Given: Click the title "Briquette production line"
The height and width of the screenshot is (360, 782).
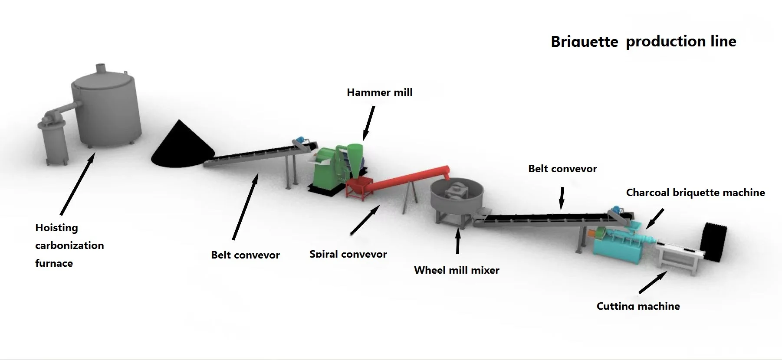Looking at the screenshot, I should click(643, 42).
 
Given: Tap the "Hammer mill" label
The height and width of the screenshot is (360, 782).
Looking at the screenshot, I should click(379, 92).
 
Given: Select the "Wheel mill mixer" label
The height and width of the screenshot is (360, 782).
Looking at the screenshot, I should click(457, 270).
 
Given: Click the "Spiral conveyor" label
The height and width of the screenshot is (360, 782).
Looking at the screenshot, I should click(348, 254).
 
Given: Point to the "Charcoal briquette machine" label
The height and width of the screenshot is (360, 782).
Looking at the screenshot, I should click(695, 193).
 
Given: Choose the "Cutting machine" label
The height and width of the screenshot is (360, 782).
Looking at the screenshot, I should click(638, 306).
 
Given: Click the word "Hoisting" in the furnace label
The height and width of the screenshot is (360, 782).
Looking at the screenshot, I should click(56, 228).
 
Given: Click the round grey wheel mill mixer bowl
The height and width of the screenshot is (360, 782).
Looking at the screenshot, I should click(458, 197).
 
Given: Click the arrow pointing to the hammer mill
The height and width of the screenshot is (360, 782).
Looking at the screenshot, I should click(368, 124).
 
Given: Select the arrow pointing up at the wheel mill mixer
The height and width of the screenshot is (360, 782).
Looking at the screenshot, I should click(457, 241).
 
